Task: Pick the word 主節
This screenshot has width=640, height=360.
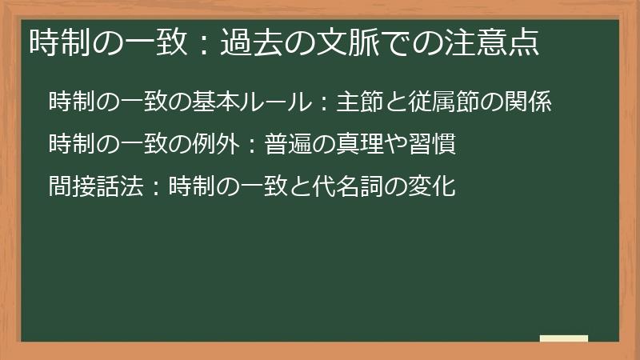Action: point(362,103)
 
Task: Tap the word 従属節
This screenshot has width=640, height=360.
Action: point(448,103)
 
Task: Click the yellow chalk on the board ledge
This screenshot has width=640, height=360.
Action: point(564,338)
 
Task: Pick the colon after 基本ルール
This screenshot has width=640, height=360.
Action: point(323,104)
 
